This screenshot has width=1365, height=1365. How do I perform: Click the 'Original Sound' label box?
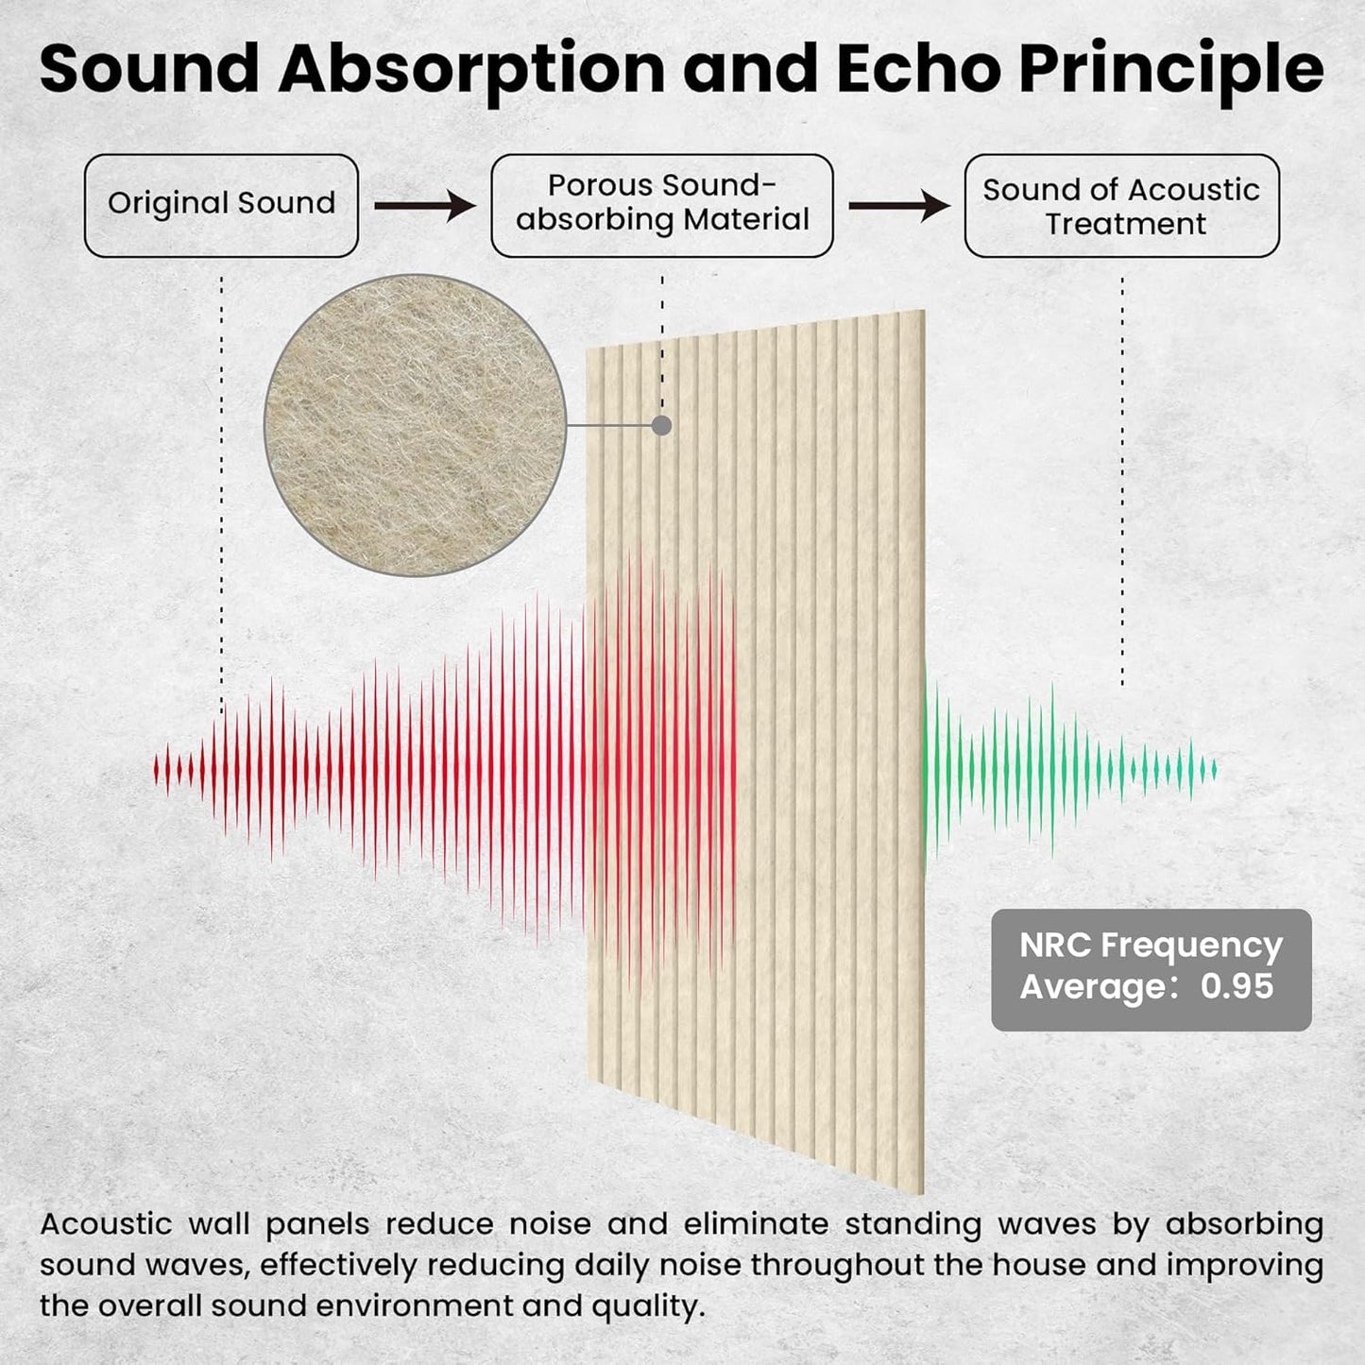tap(221, 205)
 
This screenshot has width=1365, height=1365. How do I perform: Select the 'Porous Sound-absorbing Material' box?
tap(661, 205)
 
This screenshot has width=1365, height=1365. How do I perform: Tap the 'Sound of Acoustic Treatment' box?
tap(1121, 205)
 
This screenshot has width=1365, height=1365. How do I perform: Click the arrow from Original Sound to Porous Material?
tap(424, 205)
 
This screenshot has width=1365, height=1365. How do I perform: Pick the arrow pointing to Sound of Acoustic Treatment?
tap(898, 205)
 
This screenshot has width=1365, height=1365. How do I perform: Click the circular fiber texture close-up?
tap(415, 425)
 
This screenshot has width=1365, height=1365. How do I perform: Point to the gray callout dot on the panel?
tap(661, 425)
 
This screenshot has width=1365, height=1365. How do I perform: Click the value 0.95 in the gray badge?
tap(1237, 986)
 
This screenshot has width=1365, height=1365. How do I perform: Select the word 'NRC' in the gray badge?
tap(1054, 945)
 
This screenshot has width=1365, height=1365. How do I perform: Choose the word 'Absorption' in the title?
tap(470, 72)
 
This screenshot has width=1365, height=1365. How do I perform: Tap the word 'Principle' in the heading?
tap(1170, 72)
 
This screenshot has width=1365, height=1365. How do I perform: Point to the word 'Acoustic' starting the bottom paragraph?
tap(106, 1224)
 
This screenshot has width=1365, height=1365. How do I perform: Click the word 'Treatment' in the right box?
tap(1125, 224)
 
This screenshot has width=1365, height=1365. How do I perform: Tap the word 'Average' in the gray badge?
tap(1094, 987)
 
